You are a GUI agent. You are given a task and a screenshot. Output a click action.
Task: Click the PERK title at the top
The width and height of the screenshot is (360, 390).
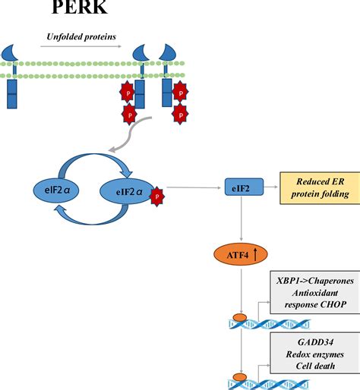coord(80,7)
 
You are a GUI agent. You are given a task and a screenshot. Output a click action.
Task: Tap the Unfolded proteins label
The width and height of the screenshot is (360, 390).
coord(81,37)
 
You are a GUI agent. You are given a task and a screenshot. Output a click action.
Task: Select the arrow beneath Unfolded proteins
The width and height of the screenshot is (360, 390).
coord(81,46)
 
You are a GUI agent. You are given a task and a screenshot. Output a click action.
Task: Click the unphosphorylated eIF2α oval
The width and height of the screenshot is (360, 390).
coord(56,190)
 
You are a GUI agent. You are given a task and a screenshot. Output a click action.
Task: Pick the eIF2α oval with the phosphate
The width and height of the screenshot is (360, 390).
coord(127,191)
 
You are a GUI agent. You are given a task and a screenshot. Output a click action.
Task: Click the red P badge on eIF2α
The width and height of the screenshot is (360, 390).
coord(157,197)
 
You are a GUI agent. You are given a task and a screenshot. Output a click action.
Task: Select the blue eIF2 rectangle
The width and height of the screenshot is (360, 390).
coord(244,187)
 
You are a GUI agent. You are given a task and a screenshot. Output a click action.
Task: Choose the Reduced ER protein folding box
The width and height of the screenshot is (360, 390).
coord(320,188)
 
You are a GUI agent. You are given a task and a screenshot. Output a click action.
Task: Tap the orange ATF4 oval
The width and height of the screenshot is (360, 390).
coord(241,254)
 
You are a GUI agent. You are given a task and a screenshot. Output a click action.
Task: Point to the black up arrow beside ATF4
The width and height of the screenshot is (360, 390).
coord(255,254)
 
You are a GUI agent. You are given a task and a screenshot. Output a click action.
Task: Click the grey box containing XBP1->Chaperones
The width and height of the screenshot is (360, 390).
coord(315,292)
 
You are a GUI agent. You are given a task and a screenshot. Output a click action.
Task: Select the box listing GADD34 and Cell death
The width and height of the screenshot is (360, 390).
coord(315,354)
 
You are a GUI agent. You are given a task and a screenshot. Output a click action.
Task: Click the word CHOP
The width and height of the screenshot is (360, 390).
coord(333,304)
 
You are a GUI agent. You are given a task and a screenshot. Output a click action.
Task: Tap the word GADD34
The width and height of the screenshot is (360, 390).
coord(315,342)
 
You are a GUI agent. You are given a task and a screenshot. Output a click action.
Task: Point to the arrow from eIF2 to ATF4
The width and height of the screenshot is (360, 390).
coord(241,219)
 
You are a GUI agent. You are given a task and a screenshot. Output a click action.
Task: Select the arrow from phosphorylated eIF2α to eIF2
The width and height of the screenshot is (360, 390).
coord(194,187)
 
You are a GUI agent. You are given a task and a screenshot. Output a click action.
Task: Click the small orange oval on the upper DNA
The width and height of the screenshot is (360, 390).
coord(240,317)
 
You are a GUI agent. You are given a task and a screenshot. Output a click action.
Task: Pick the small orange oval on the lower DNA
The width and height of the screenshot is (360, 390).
coord(240,377)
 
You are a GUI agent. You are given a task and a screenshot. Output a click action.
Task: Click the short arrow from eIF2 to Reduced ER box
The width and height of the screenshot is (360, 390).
coord(270,187)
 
